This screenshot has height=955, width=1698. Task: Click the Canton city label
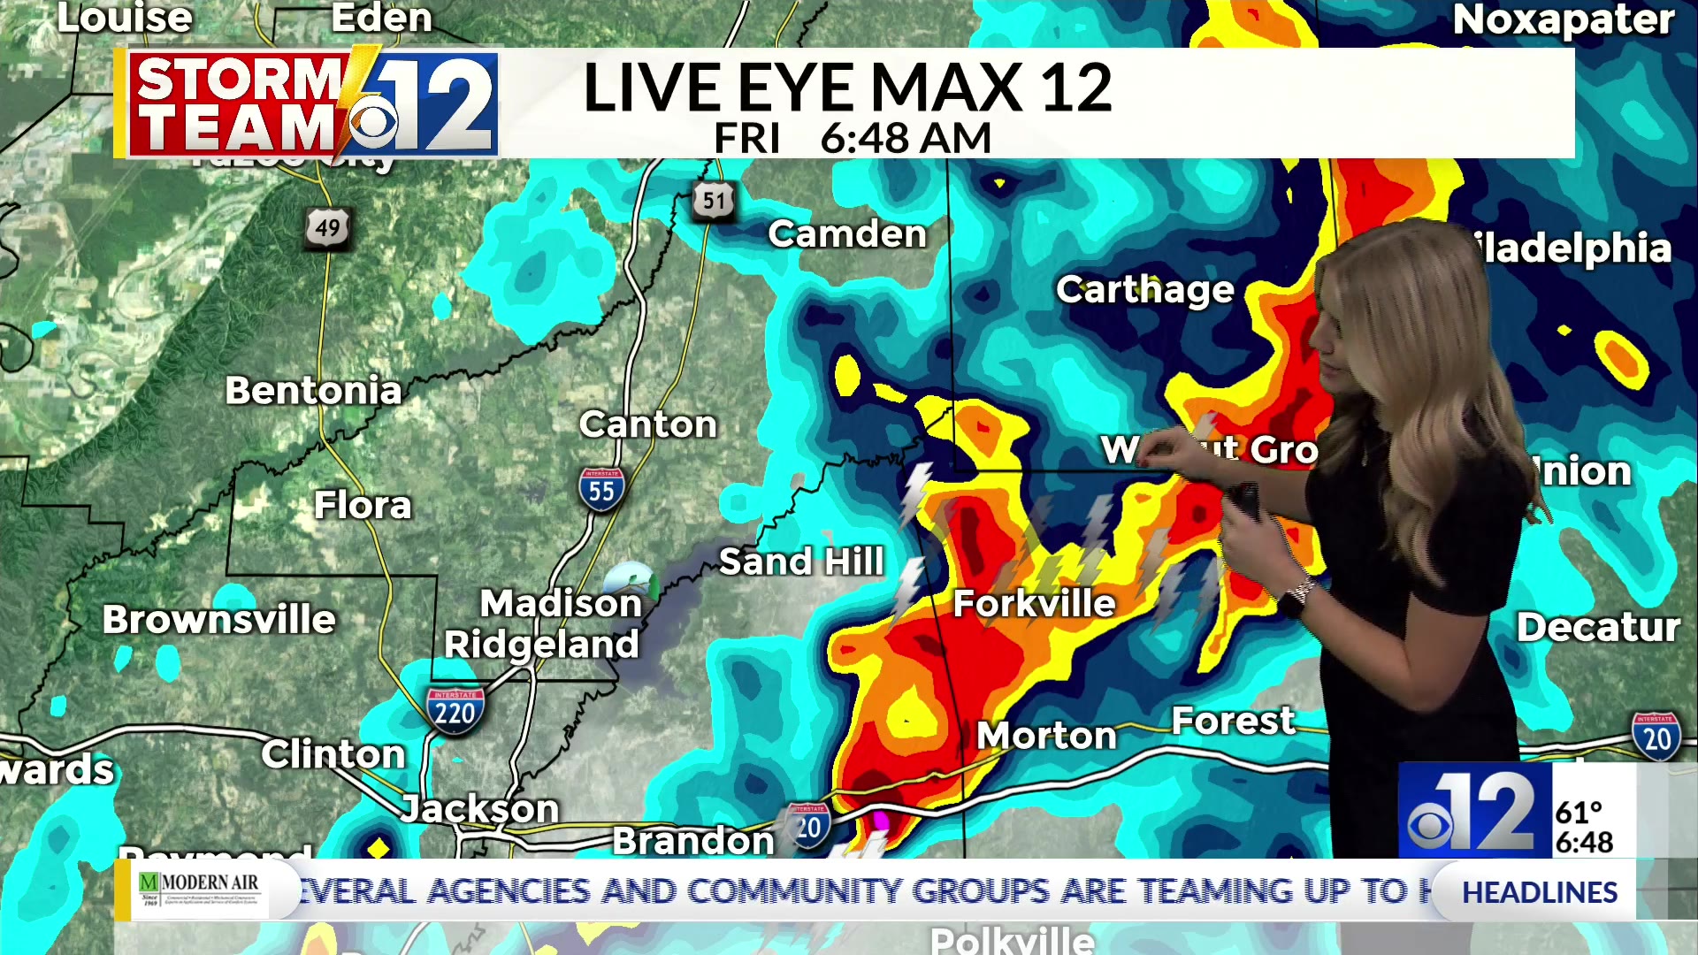(647, 425)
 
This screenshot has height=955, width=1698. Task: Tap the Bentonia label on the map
(313, 391)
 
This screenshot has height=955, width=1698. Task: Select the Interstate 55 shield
(601, 489)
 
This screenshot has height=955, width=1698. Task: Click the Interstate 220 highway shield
(455, 709)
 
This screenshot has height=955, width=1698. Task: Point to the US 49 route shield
(327, 228)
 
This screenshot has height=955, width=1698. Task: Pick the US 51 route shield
(714, 202)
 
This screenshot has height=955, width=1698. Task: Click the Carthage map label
(1144, 290)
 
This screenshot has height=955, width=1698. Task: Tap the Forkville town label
(1034, 604)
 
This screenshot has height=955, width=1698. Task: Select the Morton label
(1046, 736)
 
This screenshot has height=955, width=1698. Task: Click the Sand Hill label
(801, 562)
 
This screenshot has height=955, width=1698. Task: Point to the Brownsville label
(218, 620)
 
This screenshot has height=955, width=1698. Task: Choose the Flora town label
(363, 506)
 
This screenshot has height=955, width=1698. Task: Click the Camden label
(847, 234)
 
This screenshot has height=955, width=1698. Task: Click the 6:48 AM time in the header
(906, 139)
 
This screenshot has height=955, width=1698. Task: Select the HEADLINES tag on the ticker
(1539, 892)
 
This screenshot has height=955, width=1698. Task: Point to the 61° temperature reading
(1579, 812)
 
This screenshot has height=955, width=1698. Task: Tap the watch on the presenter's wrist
(1295, 599)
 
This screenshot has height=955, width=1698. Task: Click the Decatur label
(1597, 628)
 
